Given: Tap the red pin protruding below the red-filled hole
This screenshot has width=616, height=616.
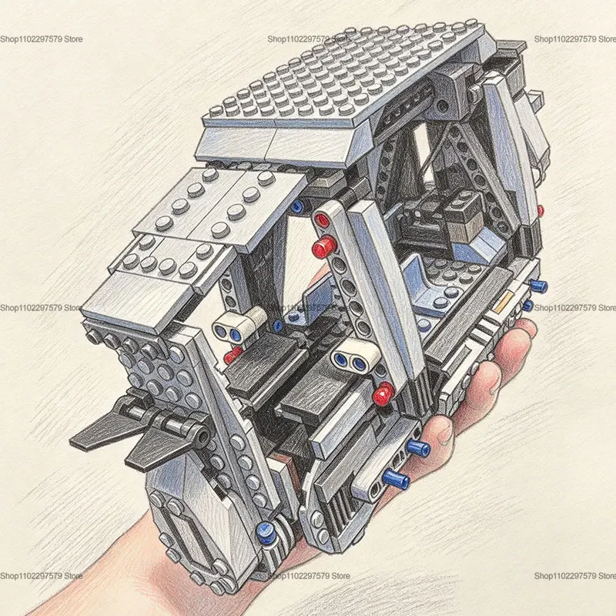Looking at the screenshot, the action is click(324, 246).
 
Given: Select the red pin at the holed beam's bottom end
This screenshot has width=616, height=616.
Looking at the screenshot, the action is click(383, 393).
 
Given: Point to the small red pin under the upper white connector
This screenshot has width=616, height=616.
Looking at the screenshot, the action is click(233, 355).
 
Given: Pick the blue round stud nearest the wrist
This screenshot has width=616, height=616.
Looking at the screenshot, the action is click(266, 531).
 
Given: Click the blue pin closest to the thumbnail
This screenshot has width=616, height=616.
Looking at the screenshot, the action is click(418, 447).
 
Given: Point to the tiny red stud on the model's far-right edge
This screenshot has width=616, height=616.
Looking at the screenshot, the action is click(541, 211).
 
